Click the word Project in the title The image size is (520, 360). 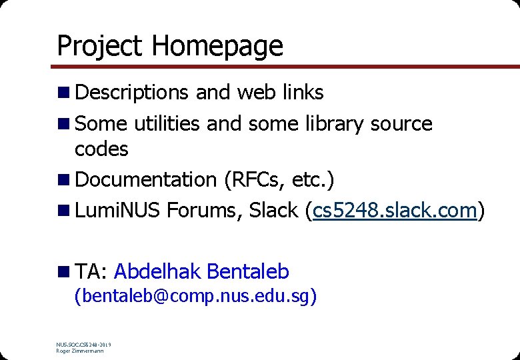(100, 46)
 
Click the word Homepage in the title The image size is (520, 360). (217, 46)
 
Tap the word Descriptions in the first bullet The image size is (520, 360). (133, 93)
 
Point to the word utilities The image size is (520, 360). (167, 123)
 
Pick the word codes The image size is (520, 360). (101, 149)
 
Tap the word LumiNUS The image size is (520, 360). (118, 211)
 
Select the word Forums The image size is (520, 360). (204, 211)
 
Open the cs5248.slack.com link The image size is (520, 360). (395, 211)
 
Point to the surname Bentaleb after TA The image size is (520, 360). (248, 271)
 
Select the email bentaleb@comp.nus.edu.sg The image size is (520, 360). (195, 296)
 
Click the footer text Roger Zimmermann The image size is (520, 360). (80, 351)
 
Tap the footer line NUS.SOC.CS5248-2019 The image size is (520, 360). (84, 345)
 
